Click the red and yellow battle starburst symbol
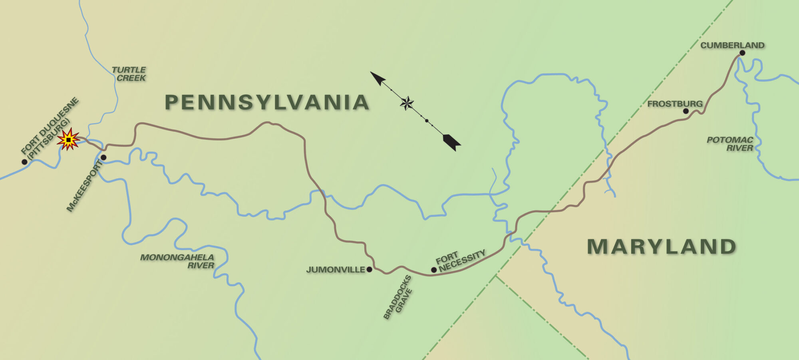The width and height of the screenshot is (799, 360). tap(68, 139)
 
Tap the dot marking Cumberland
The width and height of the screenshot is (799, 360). tap(742, 53)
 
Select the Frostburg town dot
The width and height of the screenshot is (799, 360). tap(686, 111)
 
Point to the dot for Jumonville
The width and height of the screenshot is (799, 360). tap(369, 270)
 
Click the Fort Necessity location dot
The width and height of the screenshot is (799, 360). tap(434, 270)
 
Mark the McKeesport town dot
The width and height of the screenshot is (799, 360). tap(103, 157)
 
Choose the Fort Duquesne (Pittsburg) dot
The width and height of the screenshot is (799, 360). tap(24, 162)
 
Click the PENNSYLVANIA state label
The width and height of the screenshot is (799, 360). tap(267, 102)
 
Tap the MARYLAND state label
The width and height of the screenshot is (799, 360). tap(662, 247)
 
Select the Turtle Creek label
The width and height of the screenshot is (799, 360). tap(129, 74)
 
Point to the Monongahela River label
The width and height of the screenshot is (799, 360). tap(178, 261)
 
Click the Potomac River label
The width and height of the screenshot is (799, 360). tap(730, 144)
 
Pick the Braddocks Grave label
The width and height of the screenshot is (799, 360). tap(398, 298)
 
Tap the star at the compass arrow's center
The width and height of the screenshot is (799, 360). tap(407, 103)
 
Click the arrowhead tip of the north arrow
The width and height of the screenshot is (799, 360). tap(372, 73)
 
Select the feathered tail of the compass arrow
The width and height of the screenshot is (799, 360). tap(452, 142)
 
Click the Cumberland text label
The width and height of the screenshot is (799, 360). tap(732, 45)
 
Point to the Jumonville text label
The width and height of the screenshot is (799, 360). tap(336, 270)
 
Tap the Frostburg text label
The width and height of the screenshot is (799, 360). tap(675, 104)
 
